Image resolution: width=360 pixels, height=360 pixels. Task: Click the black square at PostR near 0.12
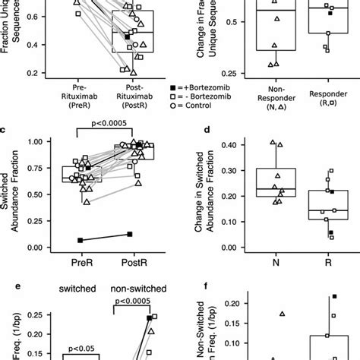point(130,234)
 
